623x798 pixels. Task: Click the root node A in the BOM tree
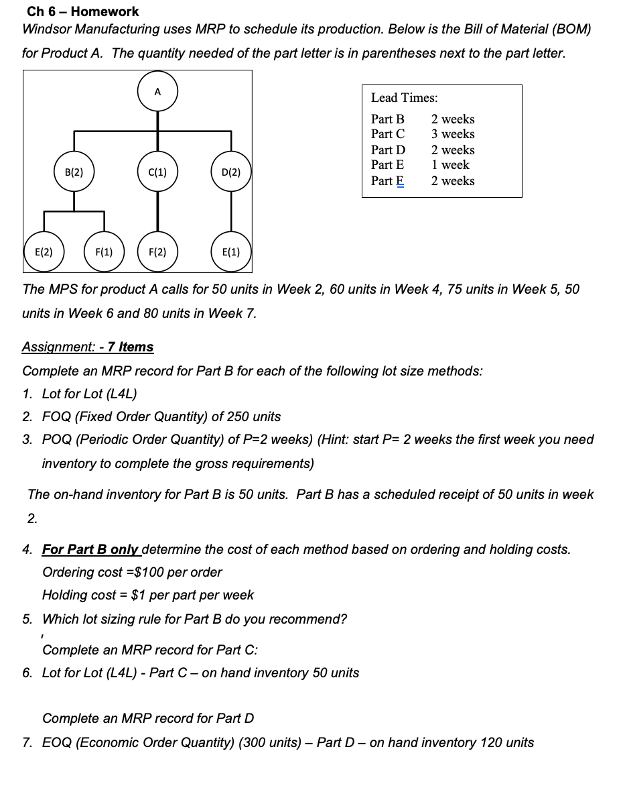[x=157, y=93]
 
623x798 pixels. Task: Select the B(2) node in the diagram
[x=74, y=172]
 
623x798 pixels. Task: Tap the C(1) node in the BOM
[x=157, y=172]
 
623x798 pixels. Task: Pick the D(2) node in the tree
[x=230, y=172]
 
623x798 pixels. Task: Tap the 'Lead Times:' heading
[x=405, y=98]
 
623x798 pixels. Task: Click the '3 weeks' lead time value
[x=453, y=133]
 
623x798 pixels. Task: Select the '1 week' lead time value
[x=451, y=164]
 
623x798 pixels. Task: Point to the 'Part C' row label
[x=388, y=133]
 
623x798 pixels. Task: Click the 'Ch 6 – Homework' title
[x=83, y=11]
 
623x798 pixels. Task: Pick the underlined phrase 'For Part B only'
[x=90, y=549]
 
